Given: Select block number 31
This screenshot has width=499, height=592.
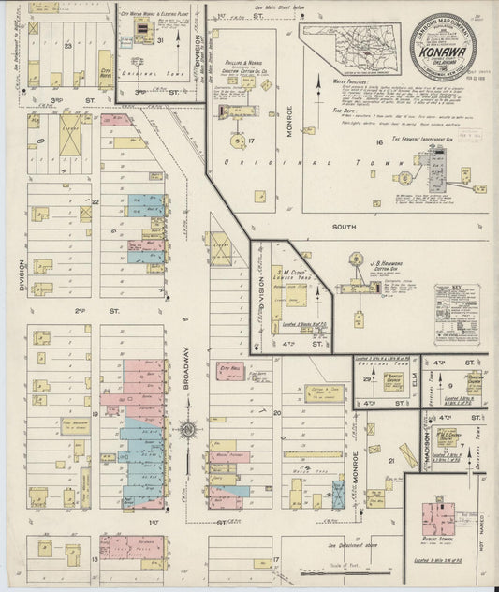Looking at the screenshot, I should [160, 39].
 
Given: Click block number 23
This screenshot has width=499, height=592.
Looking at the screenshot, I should [67, 44].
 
